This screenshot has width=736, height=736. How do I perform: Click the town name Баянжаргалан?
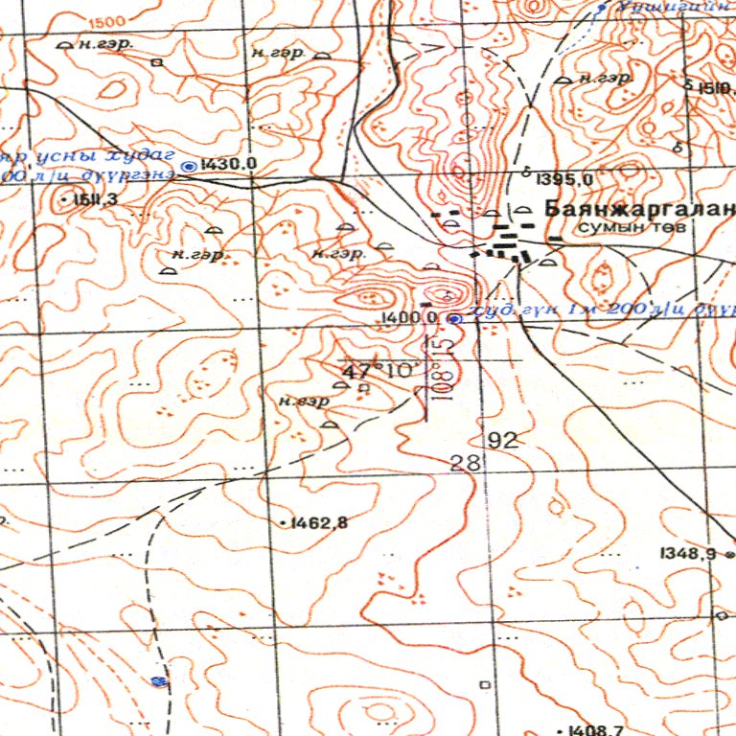click(x=638, y=208)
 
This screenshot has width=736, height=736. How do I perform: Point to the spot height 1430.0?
click(x=230, y=165)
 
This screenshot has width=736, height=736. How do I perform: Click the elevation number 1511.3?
click(x=89, y=198)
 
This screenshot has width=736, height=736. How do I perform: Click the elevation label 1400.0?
click(x=409, y=317)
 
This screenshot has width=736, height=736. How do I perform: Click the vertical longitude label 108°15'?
click(x=440, y=370)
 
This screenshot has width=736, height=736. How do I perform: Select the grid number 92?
click(x=502, y=441)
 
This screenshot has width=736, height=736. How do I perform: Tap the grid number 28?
click(x=465, y=463)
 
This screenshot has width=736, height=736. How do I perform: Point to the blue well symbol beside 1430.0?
click(x=189, y=166)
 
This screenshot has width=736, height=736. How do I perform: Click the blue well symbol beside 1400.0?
click(x=454, y=318)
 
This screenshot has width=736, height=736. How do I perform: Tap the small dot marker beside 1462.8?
click(x=285, y=523)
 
